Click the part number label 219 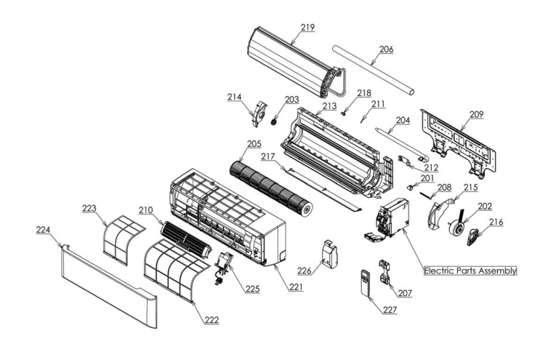point(308,28)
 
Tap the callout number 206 point(386,49)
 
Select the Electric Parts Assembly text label point(471,271)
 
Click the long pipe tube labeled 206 point(374,70)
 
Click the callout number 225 point(252,289)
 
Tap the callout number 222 point(210,319)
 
